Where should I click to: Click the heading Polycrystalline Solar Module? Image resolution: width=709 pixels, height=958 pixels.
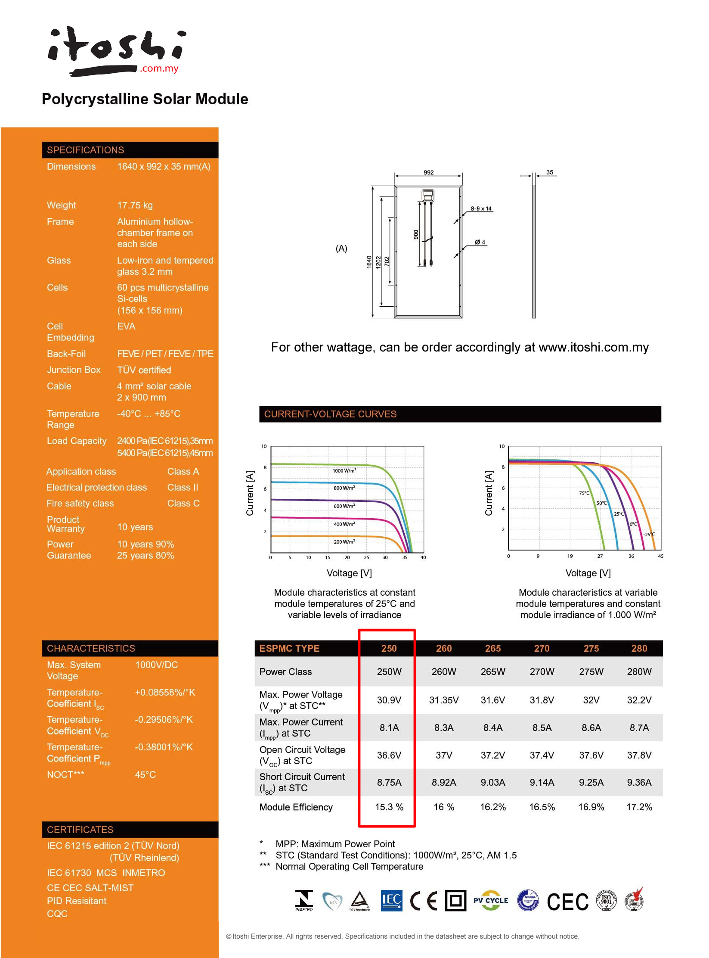coord(145,99)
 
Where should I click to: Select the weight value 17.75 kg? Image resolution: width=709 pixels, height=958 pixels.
coord(135,205)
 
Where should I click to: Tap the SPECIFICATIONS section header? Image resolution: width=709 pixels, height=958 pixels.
coord(86,150)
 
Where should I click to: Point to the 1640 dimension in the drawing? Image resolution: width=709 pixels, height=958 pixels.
coord(369,262)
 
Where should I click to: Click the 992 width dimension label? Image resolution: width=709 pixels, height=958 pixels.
coord(428,172)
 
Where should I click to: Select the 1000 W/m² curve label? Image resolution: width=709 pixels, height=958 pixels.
coord(344,471)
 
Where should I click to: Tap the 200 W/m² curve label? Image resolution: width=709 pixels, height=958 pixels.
coord(344,542)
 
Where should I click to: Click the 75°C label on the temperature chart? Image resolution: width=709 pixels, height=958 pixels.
coord(584,493)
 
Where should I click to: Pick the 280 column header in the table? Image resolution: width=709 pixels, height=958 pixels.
coord(639,648)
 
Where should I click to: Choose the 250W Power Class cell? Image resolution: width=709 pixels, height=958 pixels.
coord(389,672)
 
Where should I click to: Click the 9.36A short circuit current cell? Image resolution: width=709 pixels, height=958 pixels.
coord(639,782)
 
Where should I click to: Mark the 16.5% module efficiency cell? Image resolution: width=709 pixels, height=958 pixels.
coord(542,807)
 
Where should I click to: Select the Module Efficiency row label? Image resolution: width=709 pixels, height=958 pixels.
coord(296,807)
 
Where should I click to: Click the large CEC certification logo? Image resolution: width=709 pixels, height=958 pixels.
coord(567,902)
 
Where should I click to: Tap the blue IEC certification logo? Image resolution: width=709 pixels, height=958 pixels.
coord(391,900)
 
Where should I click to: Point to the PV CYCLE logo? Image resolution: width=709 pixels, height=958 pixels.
coord(491,900)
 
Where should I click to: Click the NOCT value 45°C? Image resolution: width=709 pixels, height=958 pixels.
coord(145,774)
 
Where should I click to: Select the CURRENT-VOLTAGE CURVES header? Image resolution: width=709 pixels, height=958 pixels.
coord(330,414)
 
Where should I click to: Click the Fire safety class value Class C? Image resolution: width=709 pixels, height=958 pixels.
coord(183,503)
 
